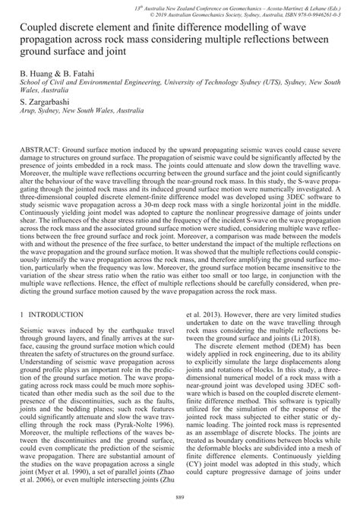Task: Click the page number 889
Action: (x=180, y=497)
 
